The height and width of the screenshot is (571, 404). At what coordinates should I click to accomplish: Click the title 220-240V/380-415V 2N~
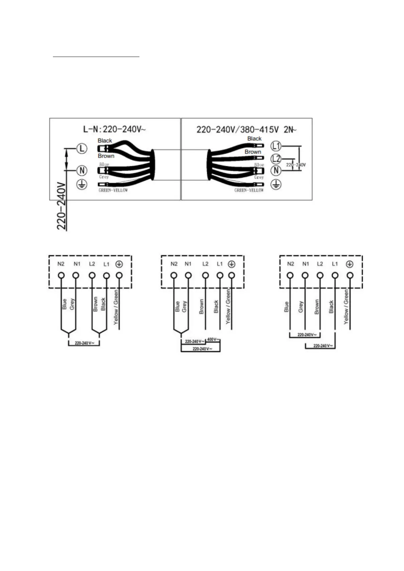click(246, 130)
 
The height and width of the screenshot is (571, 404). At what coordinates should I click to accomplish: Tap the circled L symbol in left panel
click(81, 149)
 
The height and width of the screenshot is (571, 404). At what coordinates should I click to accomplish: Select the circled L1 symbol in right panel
click(276, 146)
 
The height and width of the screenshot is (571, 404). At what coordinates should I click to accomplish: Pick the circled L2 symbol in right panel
click(276, 158)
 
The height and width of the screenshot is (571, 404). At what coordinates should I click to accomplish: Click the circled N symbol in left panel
click(82, 170)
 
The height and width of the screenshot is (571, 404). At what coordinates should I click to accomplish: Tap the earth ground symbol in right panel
click(276, 184)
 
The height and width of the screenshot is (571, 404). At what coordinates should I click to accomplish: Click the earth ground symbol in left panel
click(82, 184)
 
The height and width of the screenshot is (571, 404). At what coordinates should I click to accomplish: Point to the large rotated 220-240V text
click(62, 206)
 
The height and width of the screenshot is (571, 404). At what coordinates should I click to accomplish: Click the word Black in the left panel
click(105, 140)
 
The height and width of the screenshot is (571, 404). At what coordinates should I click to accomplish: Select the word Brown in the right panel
click(253, 152)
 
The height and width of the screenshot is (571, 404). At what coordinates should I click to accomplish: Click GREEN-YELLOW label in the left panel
click(113, 190)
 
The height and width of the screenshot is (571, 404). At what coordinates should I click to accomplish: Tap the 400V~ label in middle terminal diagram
click(213, 339)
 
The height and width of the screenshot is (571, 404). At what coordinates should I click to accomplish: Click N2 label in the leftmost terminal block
click(61, 264)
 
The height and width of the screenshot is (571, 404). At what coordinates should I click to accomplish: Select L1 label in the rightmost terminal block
click(335, 264)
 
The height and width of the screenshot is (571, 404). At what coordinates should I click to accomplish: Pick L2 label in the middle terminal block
click(205, 264)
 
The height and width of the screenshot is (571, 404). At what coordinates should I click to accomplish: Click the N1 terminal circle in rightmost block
click(305, 275)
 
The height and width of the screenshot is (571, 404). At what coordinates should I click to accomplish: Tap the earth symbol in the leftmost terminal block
click(119, 264)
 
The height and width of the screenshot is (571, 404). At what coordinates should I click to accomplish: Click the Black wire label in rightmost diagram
click(331, 307)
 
